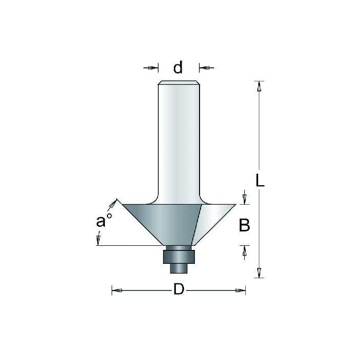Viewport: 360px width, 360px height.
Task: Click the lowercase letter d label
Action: pos(178,67)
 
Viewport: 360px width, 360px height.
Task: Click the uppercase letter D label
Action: pos(178,290)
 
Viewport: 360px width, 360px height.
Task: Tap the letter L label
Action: pos(261,181)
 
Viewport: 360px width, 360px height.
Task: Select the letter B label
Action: pos(245,225)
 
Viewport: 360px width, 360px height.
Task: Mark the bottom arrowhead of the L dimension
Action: pos(260,272)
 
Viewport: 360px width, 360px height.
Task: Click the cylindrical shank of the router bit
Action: pos(177,139)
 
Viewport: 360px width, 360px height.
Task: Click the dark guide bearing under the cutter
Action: pos(177,255)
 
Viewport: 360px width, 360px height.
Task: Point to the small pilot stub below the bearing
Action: pos(177,268)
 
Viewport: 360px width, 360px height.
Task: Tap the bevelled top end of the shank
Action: pos(177,83)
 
